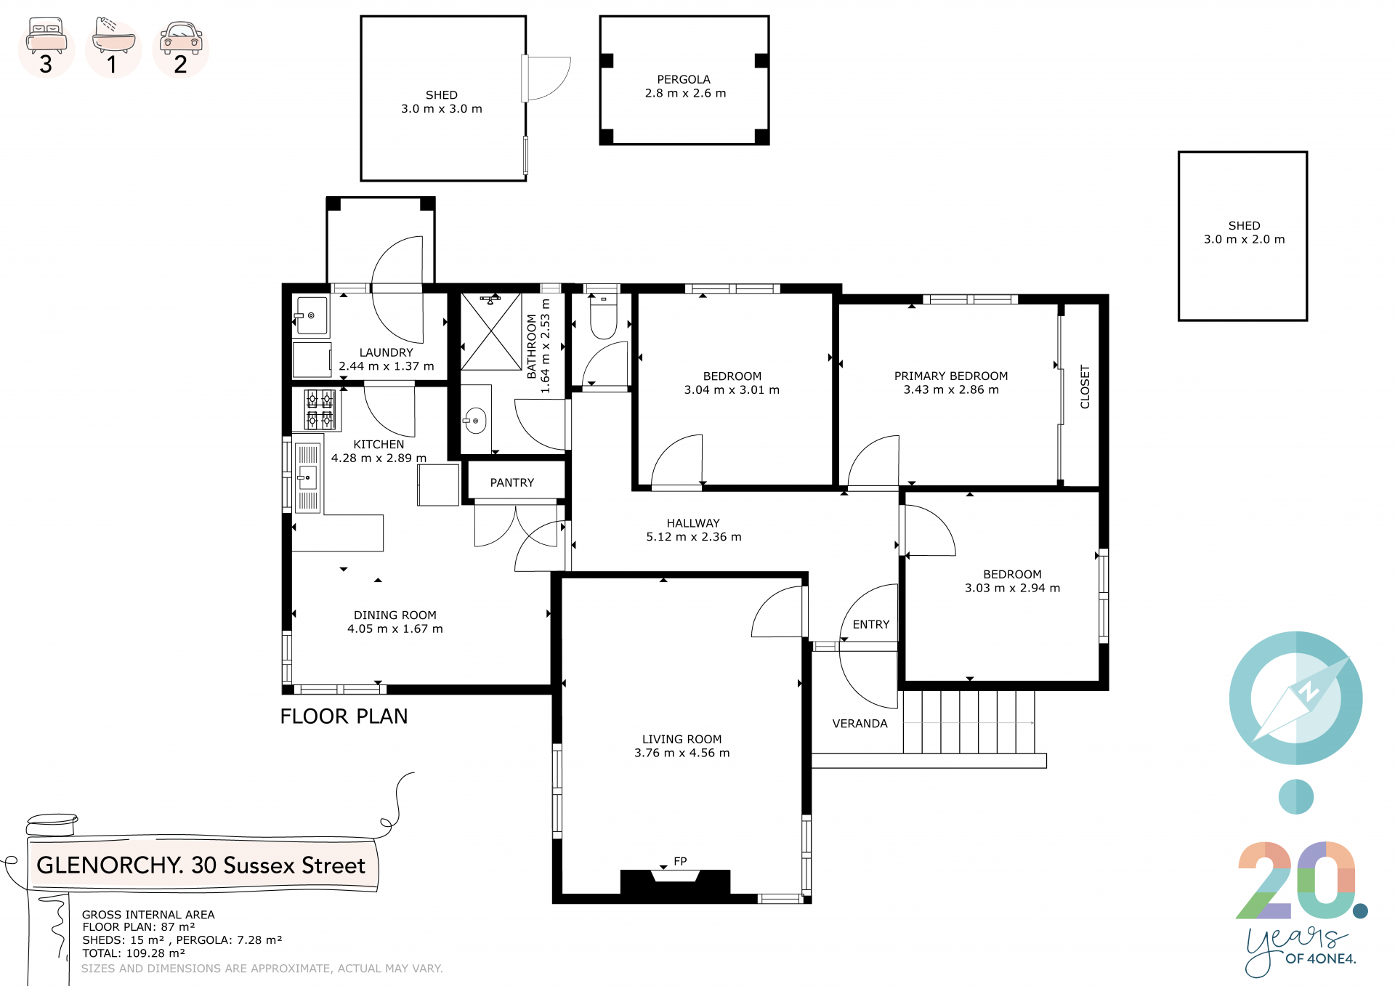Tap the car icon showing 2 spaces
pos(181,38)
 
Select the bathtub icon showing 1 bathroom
pos(114,35)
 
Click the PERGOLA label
pos(684,79)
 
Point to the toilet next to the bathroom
pos(603,315)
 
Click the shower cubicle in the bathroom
pos(491,331)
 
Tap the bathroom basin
pos(475,421)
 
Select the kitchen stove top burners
pos(320,409)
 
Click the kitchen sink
pos(308,477)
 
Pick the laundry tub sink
pos(312,315)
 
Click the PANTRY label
pos(512,482)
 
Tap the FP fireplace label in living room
pos(680,861)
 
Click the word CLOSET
pos(1085,387)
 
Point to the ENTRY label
pos(871,624)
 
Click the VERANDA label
pos(860,724)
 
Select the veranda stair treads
pos(969,722)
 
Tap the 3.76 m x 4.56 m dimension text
pos(682,753)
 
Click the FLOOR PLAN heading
pos(344,716)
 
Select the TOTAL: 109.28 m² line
pos(134,953)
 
